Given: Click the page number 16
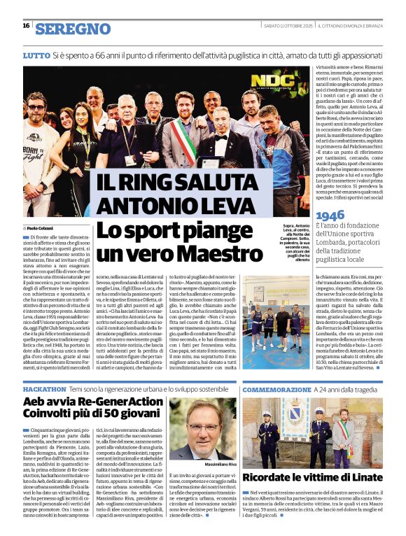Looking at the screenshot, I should coord(26,25).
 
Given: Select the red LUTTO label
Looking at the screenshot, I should coord(36,55).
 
